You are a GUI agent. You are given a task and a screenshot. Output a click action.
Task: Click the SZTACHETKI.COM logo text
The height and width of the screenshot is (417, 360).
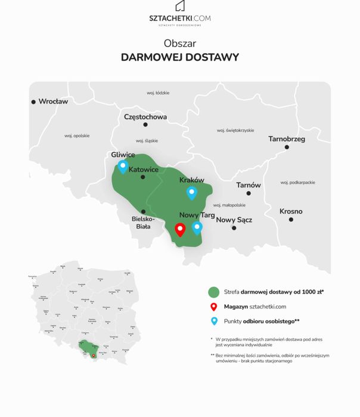[179, 18]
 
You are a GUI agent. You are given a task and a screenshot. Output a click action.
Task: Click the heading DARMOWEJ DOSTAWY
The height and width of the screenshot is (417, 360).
[179, 57]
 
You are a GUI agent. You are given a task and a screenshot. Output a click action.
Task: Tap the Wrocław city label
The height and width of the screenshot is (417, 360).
[53, 101]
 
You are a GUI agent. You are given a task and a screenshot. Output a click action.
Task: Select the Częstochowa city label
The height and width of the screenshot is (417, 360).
[145, 117]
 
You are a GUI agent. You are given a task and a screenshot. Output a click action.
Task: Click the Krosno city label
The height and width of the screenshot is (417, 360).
[291, 211]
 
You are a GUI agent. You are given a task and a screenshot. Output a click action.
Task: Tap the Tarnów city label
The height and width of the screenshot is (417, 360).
[248, 185]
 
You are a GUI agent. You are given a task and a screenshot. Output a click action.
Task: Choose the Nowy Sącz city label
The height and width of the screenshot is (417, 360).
[234, 220]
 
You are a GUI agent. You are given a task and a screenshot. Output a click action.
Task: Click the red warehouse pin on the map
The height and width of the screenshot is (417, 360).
[180, 229]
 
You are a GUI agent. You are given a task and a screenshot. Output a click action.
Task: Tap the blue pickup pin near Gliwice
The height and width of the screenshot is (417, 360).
[123, 166]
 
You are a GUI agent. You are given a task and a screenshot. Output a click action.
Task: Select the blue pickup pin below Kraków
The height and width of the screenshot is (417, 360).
[191, 192]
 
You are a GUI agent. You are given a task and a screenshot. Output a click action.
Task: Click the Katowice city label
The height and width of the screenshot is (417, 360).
[144, 169]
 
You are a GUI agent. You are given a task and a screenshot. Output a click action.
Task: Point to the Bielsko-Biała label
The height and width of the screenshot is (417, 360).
[143, 223]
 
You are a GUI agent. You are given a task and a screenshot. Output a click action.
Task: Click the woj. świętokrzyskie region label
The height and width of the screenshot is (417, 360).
[235, 130]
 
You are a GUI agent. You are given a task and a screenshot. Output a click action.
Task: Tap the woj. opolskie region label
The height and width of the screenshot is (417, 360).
[77, 135]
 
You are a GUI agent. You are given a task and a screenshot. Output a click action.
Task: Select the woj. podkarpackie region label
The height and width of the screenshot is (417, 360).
[297, 182]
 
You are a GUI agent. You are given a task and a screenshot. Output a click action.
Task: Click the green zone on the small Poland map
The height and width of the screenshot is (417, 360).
[88, 347]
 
